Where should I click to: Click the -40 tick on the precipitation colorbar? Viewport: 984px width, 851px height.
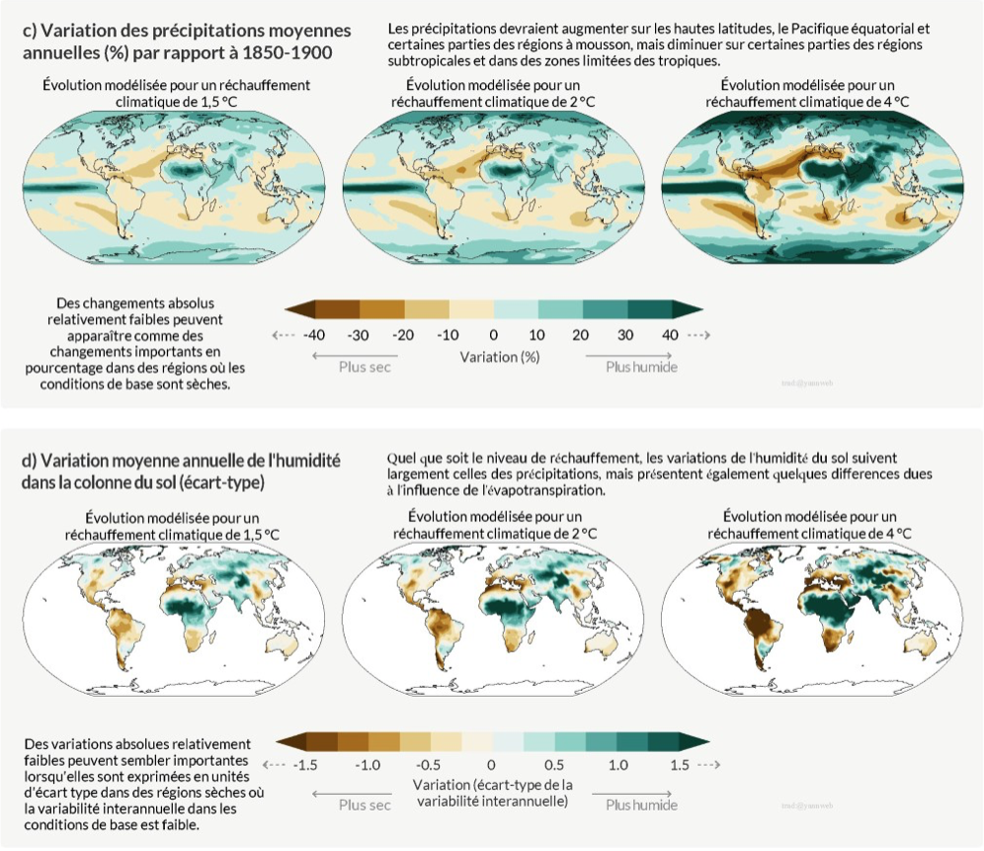click(x=314, y=335)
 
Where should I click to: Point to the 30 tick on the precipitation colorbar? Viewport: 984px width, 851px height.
click(x=626, y=335)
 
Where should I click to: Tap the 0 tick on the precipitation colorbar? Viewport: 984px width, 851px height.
click(x=493, y=335)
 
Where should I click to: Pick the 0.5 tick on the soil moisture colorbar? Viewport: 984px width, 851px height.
click(x=553, y=765)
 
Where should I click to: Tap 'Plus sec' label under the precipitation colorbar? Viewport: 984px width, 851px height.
click(x=366, y=367)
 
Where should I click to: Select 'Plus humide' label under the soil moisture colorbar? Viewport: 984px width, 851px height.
click(x=641, y=805)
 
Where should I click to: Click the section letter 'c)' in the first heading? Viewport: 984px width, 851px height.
click(x=30, y=31)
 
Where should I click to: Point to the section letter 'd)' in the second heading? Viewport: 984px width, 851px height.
click(x=30, y=461)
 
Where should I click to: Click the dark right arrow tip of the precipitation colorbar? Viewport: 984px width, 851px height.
click(x=683, y=308)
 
